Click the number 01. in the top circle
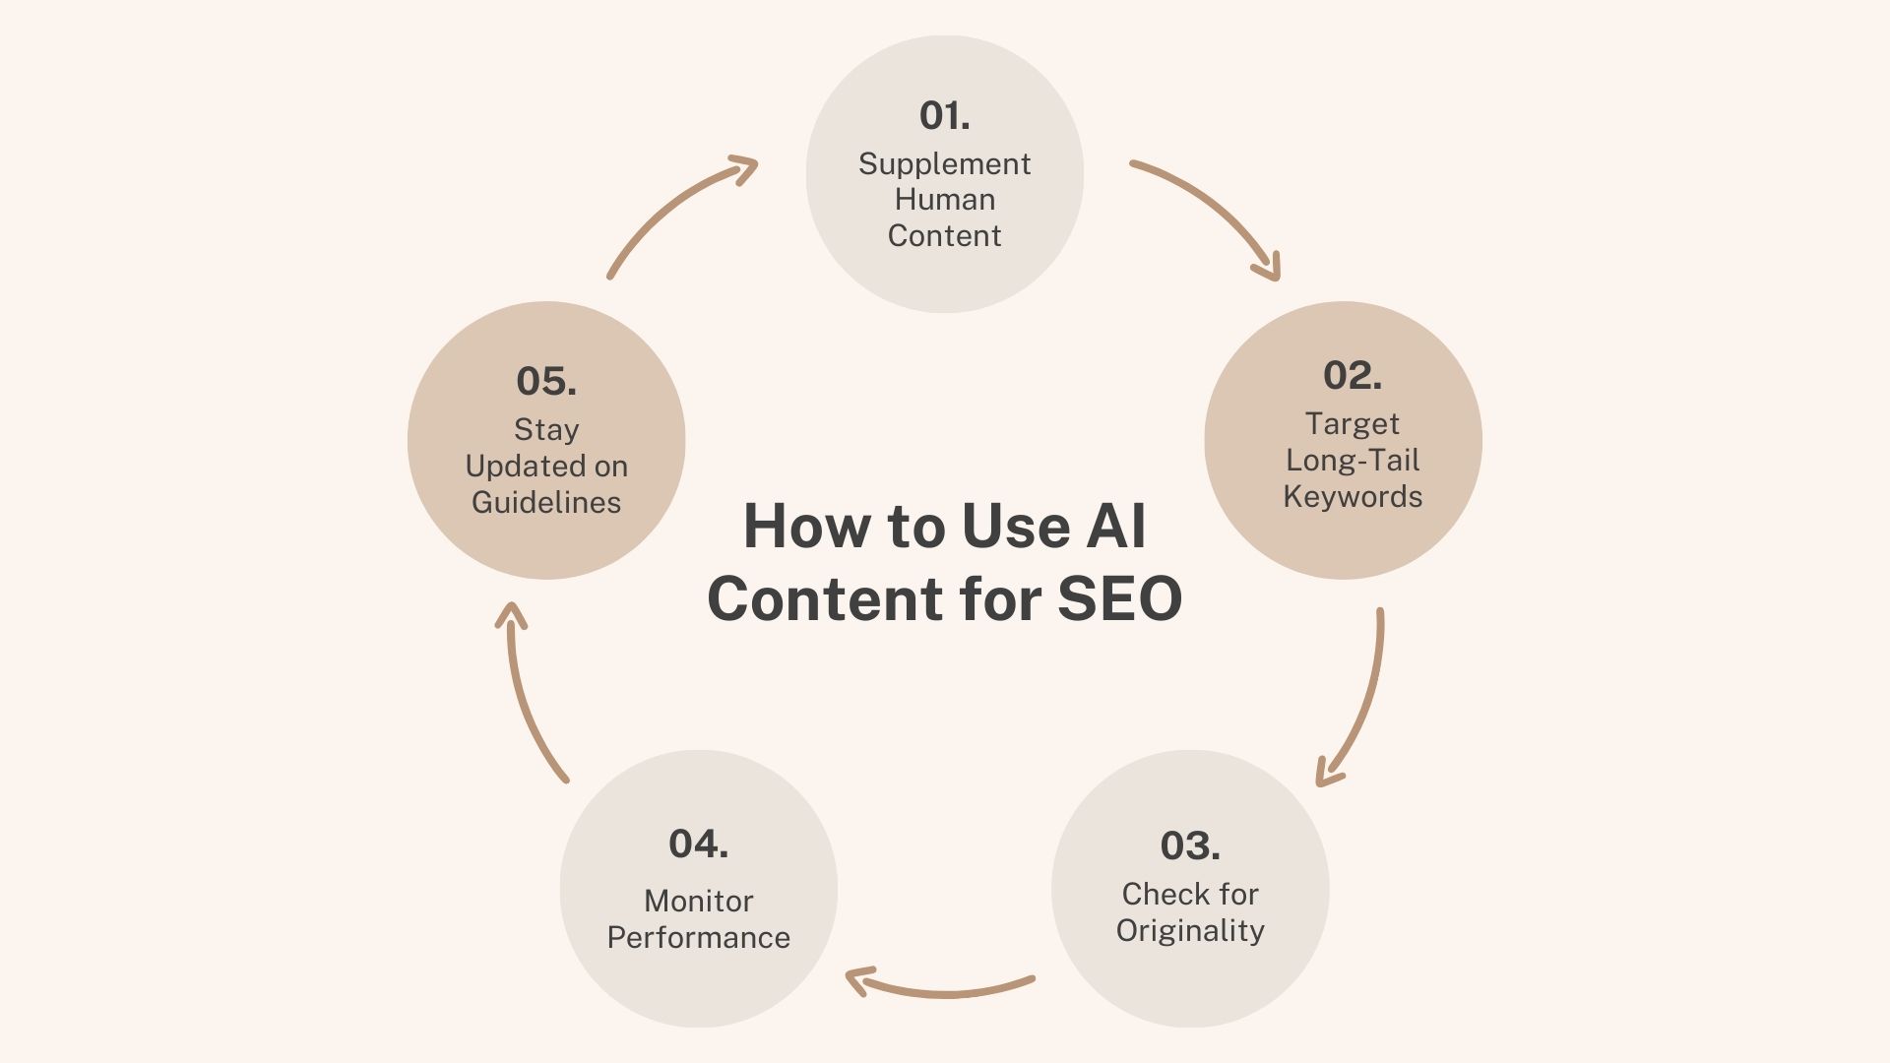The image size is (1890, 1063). click(x=944, y=116)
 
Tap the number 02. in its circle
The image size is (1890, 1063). click(x=1352, y=375)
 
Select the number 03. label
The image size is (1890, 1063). click(x=1189, y=845)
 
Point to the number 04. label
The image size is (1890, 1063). click(x=698, y=844)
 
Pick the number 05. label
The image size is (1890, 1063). click(x=546, y=382)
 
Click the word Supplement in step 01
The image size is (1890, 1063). click(x=944, y=163)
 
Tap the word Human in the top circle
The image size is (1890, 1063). click(x=944, y=200)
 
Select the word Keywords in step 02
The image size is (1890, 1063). click(x=1353, y=496)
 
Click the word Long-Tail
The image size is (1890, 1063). click(x=1353, y=460)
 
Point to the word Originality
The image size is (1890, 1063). click(x=1190, y=930)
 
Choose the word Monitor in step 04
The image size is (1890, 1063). click(x=698, y=901)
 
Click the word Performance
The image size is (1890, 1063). click(x=698, y=937)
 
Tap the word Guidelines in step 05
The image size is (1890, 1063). click(x=546, y=502)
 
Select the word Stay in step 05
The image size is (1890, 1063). click(x=546, y=430)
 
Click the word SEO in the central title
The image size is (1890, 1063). click(x=1119, y=598)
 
